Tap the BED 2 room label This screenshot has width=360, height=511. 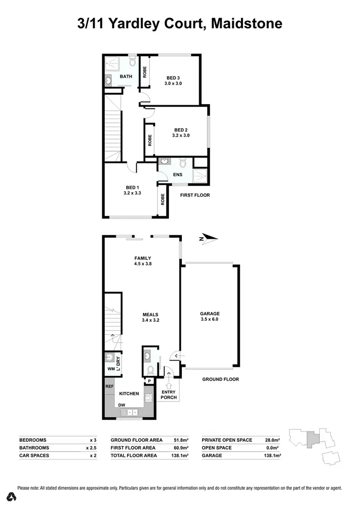click(181, 130)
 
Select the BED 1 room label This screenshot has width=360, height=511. click(133, 187)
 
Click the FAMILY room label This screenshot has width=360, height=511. click(143, 258)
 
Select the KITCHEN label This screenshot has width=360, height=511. click(129, 394)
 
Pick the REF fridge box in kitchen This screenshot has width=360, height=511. click(109, 386)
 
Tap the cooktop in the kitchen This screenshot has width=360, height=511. click(149, 397)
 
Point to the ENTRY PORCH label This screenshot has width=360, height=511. click(169, 394)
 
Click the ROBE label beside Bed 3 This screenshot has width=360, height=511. click(144, 72)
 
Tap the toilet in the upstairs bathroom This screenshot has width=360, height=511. click(132, 62)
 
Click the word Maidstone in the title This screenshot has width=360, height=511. click(245, 24)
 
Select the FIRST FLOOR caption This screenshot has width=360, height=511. click(195, 195)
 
